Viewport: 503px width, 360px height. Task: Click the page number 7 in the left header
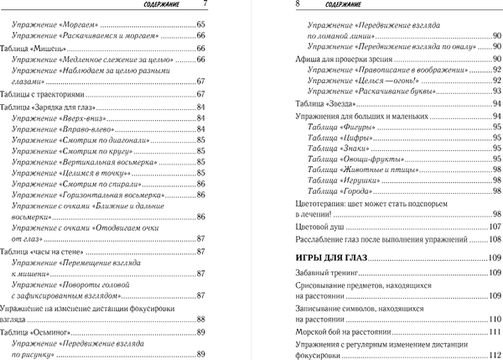[205, 7]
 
